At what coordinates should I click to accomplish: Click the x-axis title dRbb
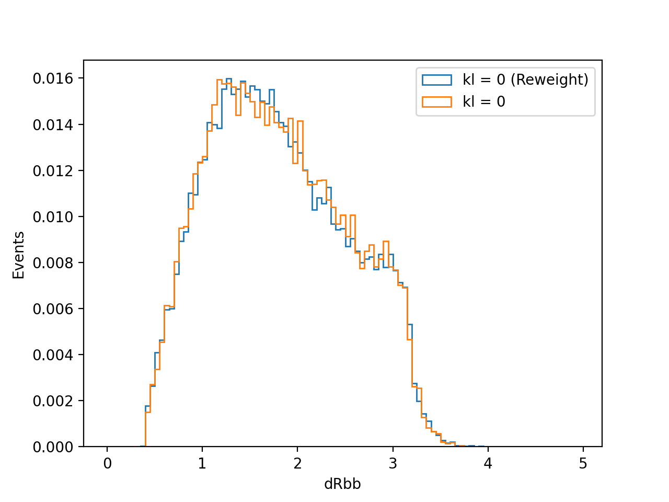tap(342, 484)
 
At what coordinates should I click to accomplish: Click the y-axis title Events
tap(18, 255)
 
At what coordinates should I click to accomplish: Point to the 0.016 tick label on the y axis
tap(53, 78)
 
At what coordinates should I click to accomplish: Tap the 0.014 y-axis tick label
tap(53, 125)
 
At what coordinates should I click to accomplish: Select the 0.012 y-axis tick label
tap(53, 171)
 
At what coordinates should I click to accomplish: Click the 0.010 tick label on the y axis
tap(53, 217)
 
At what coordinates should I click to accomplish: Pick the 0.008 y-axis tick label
tap(53, 263)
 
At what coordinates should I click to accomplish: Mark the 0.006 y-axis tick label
tap(53, 309)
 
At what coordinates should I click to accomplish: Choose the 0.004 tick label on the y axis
tap(53, 355)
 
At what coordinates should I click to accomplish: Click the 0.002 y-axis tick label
tap(53, 401)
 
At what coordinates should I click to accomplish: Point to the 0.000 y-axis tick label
tap(53, 447)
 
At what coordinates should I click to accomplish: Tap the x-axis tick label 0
tap(107, 464)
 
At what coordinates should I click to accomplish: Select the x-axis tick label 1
tap(202, 464)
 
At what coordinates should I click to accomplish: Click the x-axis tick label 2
tap(297, 464)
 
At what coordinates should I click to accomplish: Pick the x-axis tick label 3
tap(393, 464)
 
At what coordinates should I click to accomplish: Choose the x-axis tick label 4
tap(488, 464)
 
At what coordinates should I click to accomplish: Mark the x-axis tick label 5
tap(583, 464)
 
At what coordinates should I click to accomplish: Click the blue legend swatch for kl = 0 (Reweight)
tap(437, 80)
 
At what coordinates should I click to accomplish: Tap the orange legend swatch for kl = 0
tap(437, 102)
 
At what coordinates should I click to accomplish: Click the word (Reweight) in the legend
tap(549, 80)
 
